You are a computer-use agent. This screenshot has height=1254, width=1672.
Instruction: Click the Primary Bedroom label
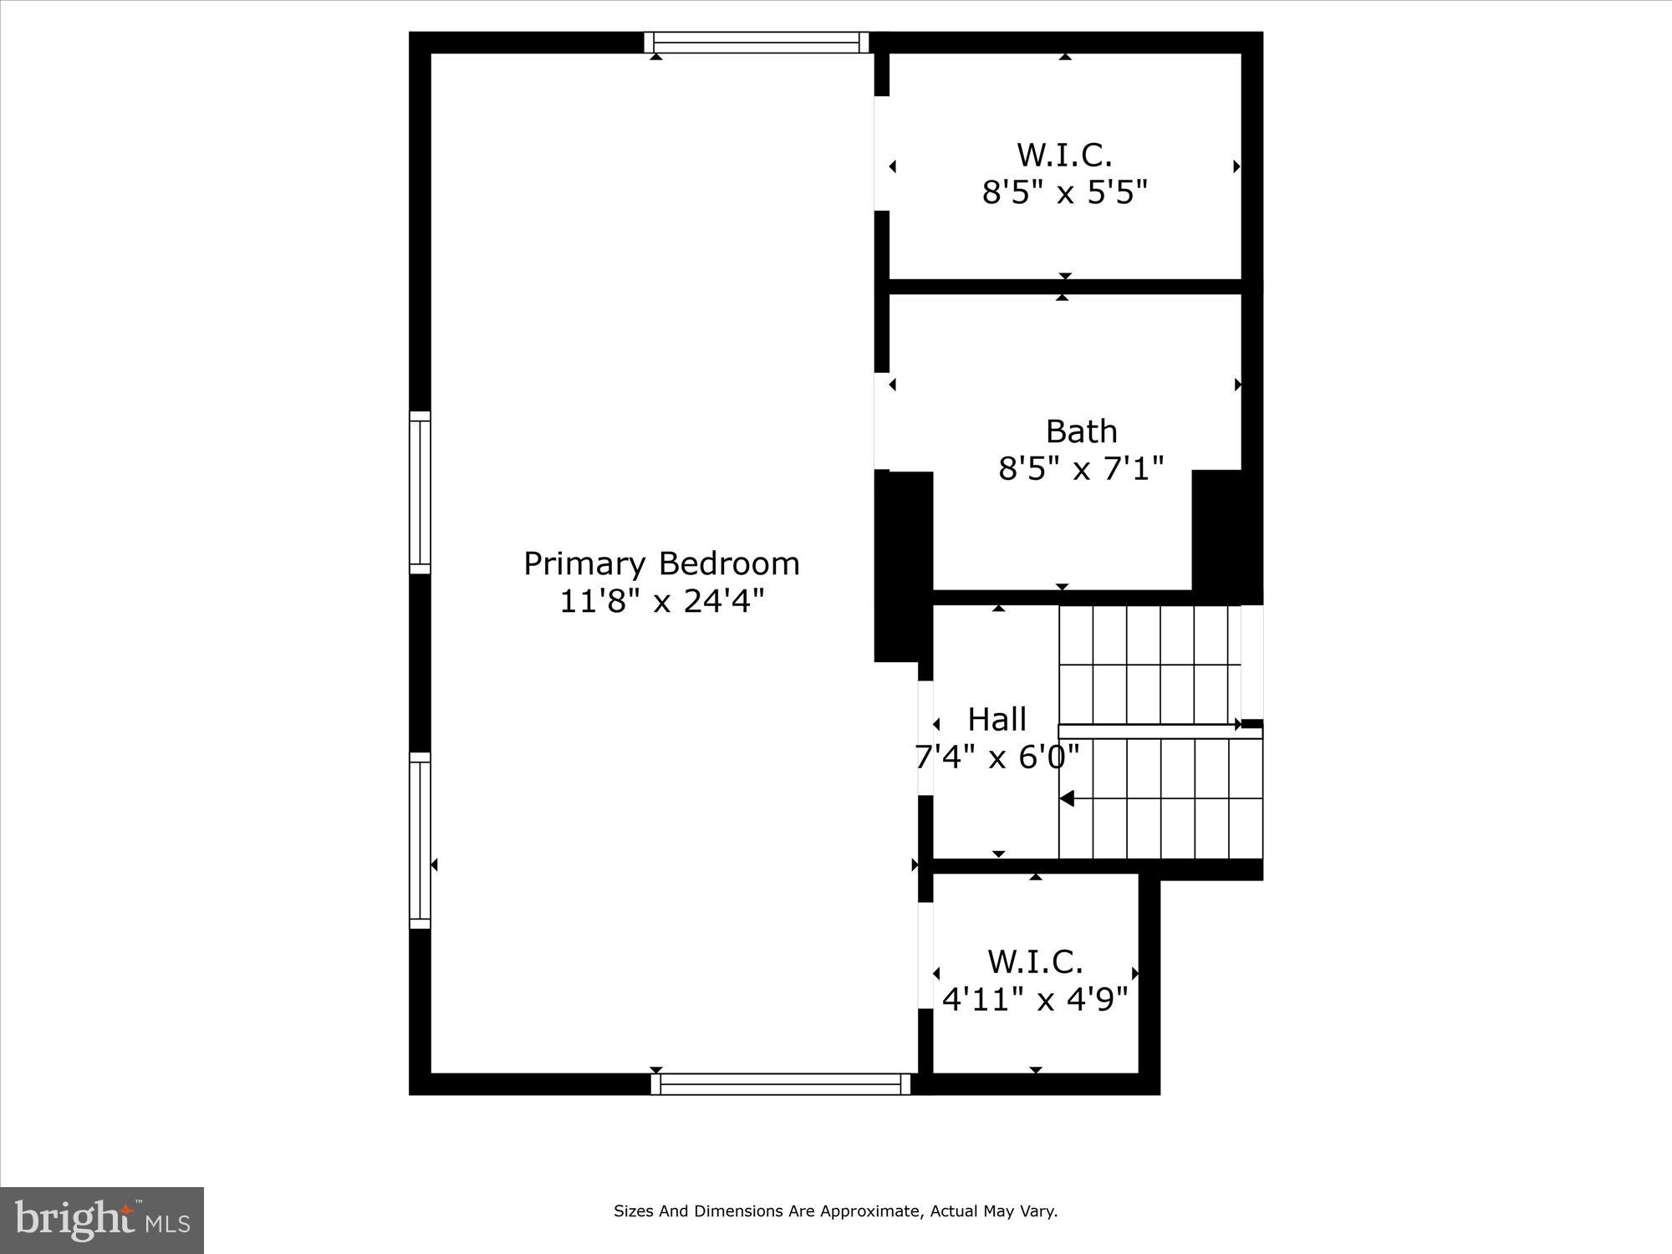(x=661, y=563)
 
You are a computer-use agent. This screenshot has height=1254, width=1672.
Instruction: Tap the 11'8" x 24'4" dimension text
(x=661, y=601)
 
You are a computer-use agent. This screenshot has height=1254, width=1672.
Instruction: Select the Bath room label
(x=1081, y=431)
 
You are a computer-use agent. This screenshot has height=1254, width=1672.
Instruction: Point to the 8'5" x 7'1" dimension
(x=1081, y=469)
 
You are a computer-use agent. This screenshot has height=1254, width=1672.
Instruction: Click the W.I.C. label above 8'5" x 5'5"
(x=1064, y=155)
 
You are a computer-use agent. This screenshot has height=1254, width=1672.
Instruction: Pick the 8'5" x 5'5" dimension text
(x=1064, y=193)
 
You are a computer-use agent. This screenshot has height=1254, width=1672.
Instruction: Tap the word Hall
(x=997, y=719)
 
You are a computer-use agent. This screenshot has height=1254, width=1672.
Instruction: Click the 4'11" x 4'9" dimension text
(x=1035, y=999)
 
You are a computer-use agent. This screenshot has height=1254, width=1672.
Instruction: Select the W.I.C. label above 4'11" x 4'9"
(x=1035, y=961)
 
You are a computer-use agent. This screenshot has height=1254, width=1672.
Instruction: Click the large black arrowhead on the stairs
(x=1067, y=798)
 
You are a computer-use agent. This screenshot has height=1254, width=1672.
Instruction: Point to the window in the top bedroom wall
(x=757, y=43)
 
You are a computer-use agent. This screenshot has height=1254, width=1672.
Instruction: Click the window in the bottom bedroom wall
(x=780, y=1084)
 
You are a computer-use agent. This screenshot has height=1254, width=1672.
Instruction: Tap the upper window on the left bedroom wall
(x=420, y=492)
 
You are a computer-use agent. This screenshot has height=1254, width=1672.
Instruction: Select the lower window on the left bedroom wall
(x=420, y=840)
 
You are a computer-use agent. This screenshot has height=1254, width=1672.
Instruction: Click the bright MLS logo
(x=102, y=1221)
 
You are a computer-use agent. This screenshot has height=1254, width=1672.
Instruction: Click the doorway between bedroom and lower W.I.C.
(x=925, y=956)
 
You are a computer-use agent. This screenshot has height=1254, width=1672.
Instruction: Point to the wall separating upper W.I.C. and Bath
(x=1064, y=286)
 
